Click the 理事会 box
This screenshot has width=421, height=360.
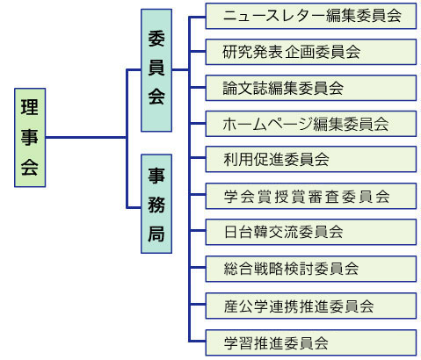[30, 137]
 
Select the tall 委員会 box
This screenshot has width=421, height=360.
[156, 70]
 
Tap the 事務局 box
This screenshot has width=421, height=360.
[156, 204]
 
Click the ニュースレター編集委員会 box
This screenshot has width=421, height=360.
[311, 16]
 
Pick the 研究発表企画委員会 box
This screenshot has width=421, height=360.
[311, 52]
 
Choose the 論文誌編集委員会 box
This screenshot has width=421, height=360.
[311, 88]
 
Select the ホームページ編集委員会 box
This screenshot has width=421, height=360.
[311, 124]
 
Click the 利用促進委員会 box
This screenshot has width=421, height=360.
[311, 159]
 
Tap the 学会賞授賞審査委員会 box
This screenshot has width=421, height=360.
[311, 196]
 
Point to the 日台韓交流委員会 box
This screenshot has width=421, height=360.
[311, 232]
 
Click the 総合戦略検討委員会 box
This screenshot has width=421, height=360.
[311, 269]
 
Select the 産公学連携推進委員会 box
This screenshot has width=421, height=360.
[311, 306]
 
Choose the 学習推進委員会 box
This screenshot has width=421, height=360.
[311, 342]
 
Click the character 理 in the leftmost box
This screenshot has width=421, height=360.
[30, 107]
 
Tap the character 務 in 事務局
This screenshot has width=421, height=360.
[156, 205]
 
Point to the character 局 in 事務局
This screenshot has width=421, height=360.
[156, 234]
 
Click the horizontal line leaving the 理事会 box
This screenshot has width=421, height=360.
[86, 137]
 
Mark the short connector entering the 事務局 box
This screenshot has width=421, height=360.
[134, 208]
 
